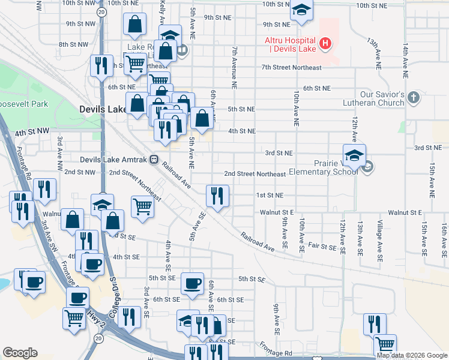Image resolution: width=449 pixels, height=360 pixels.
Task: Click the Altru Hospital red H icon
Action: (x=325, y=43)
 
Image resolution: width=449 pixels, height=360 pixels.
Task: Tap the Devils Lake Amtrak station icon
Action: (x=154, y=160)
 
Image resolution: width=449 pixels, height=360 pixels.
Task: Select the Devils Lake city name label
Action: (x=102, y=109)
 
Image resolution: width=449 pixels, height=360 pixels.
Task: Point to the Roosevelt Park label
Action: (x=24, y=104)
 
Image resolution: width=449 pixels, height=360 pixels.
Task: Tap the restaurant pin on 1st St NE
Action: (x=217, y=196)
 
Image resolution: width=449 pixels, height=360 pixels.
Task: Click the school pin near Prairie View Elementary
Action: (x=354, y=155)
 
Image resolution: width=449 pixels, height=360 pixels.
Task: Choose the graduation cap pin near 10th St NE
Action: (x=301, y=10)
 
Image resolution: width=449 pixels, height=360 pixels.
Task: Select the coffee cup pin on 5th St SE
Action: (x=193, y=284)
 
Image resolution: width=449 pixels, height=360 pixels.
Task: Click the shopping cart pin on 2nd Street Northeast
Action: (x=143, y=207)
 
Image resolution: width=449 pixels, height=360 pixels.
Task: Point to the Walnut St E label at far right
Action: (x=405, y=212)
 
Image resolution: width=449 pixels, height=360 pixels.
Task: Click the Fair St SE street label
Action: (x=322, y=247)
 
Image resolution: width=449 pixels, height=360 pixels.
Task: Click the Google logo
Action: (x=20, y=353)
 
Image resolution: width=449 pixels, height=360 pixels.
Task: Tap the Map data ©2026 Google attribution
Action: (x=412, y=355)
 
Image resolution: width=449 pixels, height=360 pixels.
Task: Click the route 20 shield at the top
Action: (x=101, y=11)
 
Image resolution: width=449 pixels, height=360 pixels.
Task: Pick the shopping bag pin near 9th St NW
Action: (x=135, y=25)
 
